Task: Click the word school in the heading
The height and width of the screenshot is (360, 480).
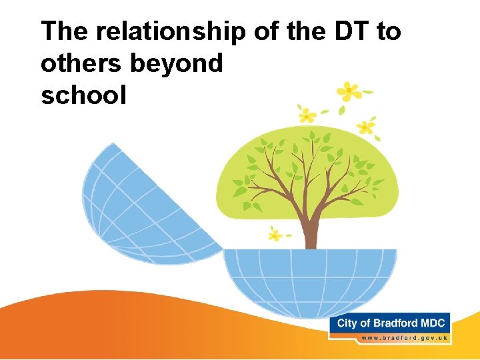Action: pyautogui.click(x=83, y=95)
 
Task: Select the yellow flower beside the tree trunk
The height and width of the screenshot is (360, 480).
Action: pyautogui.click(x=275, y=233)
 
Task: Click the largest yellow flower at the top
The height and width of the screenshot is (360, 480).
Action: pyautogui.click(x=348, y=91)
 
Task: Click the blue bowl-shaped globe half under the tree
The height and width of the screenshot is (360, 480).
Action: pyautogui.click(x=309, y=280)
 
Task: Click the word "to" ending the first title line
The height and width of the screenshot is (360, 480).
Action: pyautogui.click(x=388, y=31)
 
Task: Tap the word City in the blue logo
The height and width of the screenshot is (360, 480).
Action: pyautogui.click(x=347, y=323)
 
